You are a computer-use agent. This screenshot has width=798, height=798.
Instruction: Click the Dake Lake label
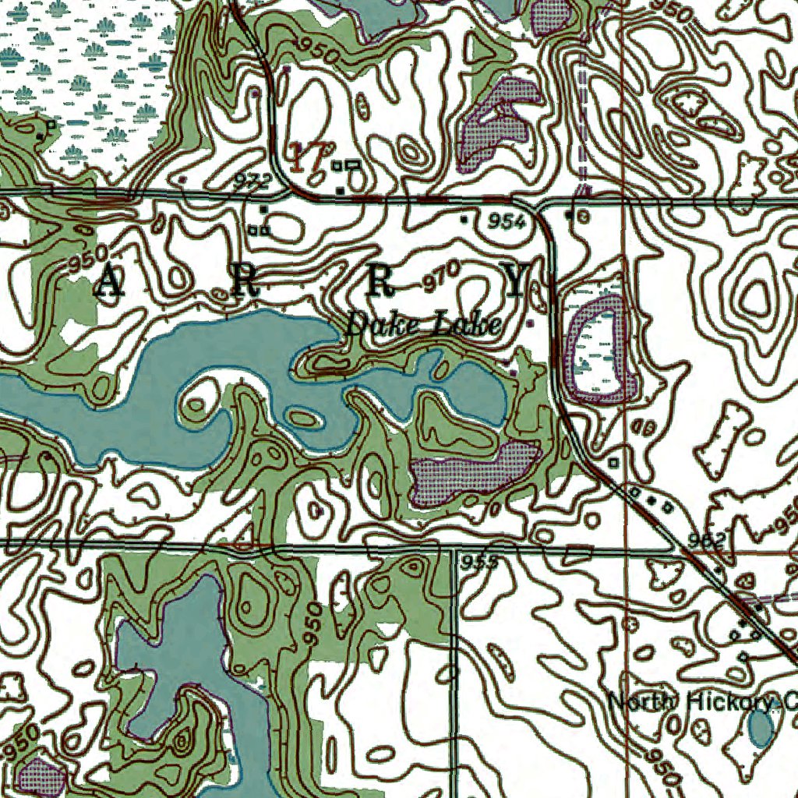[422, 325]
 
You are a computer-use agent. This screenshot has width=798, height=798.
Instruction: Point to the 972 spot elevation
[251, 182]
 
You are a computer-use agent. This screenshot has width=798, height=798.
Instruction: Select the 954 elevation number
[507, 222]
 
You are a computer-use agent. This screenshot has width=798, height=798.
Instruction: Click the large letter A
[110, 284]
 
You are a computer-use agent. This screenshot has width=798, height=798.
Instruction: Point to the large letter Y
[517, 281]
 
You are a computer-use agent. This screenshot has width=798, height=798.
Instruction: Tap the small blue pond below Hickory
[761, 729]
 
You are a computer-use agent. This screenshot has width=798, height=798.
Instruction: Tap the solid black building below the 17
[340, 189]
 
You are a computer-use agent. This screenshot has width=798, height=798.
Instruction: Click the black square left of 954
[465, 221]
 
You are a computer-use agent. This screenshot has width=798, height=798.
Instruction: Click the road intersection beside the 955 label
[455, 549]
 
